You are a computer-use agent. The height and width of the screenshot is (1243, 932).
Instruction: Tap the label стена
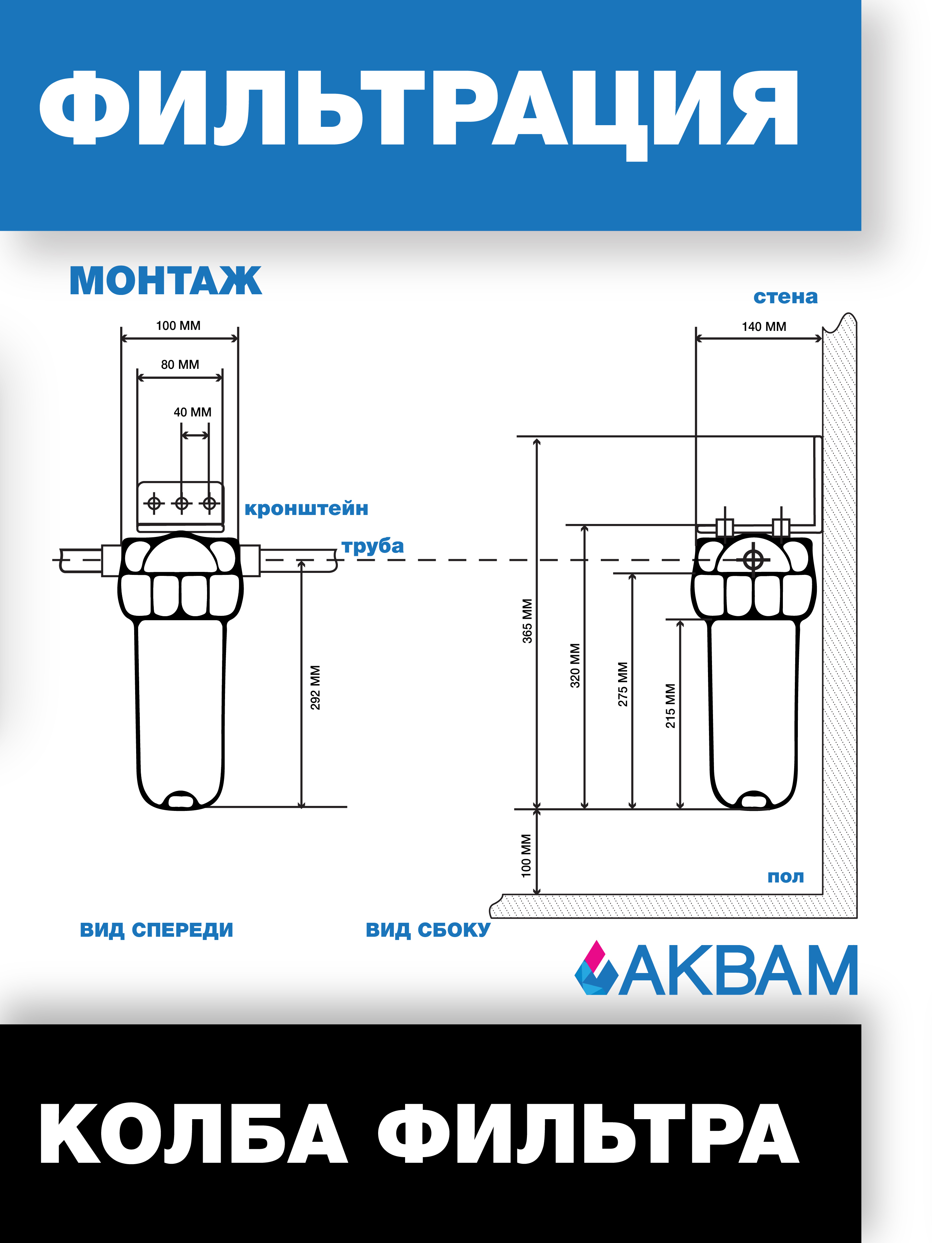[785, 297]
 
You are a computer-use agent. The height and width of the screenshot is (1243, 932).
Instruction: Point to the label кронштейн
[306, 509]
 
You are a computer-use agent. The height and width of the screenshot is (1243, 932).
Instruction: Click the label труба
[372, 546]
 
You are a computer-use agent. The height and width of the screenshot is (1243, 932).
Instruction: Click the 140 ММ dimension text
[764, 327]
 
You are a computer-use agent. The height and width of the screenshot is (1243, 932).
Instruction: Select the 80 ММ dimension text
[180, 365]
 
